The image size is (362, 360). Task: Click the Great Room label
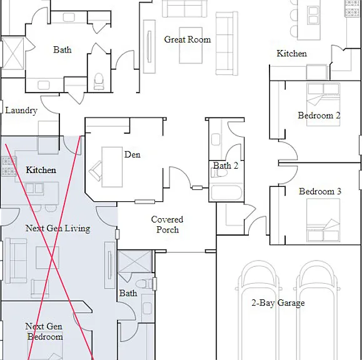click(x=188, y=39)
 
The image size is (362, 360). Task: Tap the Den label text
click(x=133, y=154)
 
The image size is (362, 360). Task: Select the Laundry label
click(x=21, y=110)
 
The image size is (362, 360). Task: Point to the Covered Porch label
click(x=167, y=224)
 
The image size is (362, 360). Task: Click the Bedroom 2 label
click(x=319, y=116)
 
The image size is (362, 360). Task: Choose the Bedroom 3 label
click(x=320, y=191)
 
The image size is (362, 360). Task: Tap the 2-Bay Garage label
click(x=278, y=302)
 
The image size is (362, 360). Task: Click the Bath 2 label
click(x=225, y=166)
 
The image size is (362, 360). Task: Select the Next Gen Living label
click(x=58, y=228)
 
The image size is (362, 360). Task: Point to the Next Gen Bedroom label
click(x=44, y=331)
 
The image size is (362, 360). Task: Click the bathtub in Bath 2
click(x=226, y=192)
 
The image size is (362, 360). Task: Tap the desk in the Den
click(x=112, y=167)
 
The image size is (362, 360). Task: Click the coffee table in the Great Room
click(x=191, y=45)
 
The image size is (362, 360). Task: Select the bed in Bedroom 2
click(x=323, y=104)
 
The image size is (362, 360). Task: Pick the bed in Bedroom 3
click(x=323, y=221)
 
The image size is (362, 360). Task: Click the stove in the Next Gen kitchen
click(x=9, y=166)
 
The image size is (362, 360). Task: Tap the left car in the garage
click(x=259, y=310)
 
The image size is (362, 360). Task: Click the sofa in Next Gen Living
click(x=16, y=261)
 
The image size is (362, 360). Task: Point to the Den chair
click(x=96, y=171)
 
